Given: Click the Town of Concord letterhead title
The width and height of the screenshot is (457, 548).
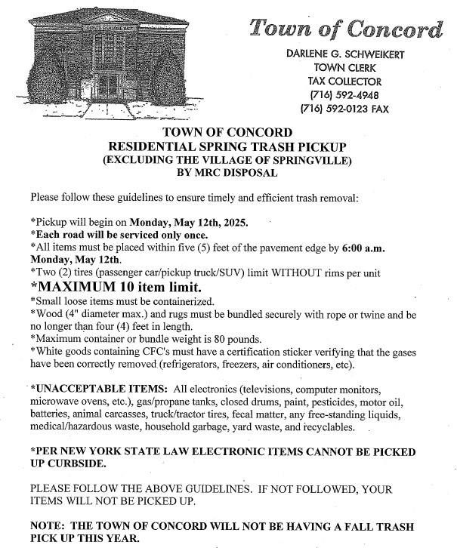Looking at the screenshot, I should pos(347,29).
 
